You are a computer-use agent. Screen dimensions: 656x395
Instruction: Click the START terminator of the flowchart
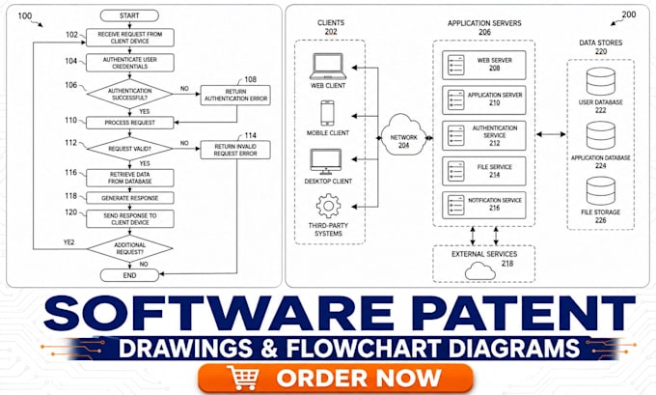click(x=129, y=15)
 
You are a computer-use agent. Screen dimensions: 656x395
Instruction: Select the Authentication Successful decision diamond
click(x=129, y=95)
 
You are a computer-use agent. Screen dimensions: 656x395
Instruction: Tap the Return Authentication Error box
click(x=235, y=95)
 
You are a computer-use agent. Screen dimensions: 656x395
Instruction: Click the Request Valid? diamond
click(x=129, y=149)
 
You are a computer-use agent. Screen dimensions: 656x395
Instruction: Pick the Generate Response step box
click(x=129, y=198)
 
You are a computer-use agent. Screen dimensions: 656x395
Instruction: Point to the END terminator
click(x=129, y=275)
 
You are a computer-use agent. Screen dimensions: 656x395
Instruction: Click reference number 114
click(x=250, y=135)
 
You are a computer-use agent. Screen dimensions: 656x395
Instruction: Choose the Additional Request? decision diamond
click(x=129, y=248)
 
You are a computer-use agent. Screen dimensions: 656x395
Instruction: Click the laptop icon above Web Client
click(x=328, y=67)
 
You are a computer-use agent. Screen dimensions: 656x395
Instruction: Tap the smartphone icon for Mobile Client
click(x=327, y=113)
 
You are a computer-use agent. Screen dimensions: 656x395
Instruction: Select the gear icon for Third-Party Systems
click(x=328, y=206)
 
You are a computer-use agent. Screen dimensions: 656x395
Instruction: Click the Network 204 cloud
click(x=403, y=136)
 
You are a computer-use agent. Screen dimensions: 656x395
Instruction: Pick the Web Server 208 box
click(x=484, y=65)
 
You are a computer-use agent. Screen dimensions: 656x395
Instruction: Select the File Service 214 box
click(x=484, y=171)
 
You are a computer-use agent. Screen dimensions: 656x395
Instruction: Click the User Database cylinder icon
click(x=600, y=81)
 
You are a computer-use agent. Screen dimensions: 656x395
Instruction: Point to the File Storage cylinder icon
click(x=600, y=191)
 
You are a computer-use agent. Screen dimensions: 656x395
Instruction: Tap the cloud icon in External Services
click(x=480, y=271)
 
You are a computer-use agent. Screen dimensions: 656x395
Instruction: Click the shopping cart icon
click(x=242, y=378)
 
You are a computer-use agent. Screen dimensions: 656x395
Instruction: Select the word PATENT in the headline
click(x=523, y=313)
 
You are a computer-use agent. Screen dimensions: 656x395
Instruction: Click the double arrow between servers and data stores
click(x=551, y=134)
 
